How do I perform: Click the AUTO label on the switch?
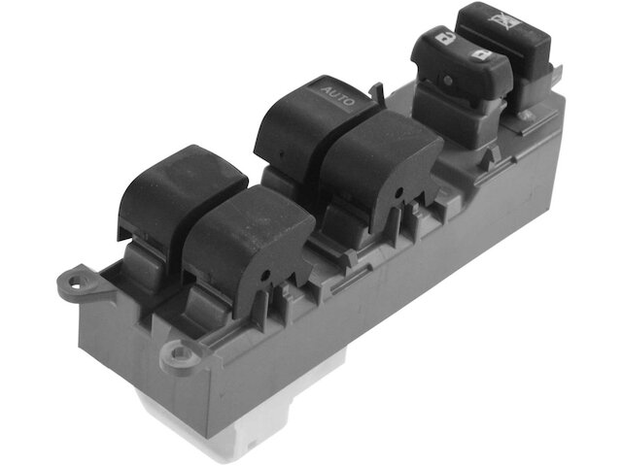pyautogui.click(x=337, y=96)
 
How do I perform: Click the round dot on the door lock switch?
pyautogui.click(x=448, y=81)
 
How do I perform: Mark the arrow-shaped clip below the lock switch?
pyautogui.click(x=488, y=159)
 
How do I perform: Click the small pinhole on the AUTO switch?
pyautogui.click(x=281, y=153)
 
